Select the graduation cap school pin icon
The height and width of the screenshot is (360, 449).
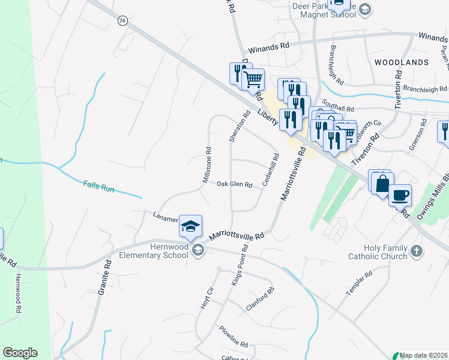point(190,227)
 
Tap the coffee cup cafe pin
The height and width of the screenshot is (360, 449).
point(400,195)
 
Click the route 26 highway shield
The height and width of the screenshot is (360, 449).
point(122,20)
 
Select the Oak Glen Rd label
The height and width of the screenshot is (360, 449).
point(234,185)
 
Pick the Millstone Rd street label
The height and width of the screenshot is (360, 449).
point(206,166)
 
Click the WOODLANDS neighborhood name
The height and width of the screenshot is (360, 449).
point(402,62)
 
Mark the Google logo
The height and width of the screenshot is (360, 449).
point(20,353)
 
